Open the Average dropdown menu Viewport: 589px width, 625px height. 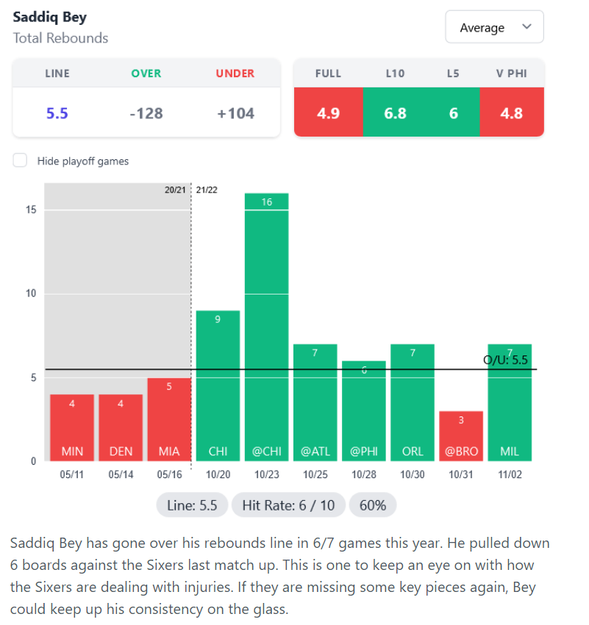click(494, 27)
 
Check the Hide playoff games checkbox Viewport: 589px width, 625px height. click(21, 161)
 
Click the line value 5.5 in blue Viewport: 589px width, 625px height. click(57, 113)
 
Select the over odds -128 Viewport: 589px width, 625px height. click(146, 113)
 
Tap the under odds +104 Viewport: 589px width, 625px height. click(235, 113)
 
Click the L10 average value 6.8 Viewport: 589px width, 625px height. click(395, 113)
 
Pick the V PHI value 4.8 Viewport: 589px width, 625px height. click(511, 113)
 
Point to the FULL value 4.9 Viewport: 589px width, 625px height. click(328, 113)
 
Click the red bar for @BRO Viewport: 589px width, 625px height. click(461, 436)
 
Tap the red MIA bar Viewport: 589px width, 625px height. click(169, 419)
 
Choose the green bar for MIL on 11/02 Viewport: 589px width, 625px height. click(510, 402)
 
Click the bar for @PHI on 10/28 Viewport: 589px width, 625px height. click(364, 411)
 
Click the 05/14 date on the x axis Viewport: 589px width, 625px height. click(121, 475)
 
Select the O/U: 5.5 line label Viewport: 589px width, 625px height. click(505, 360)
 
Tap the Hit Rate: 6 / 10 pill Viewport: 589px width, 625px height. click(288, 505)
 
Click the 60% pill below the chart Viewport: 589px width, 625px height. click(373, 505)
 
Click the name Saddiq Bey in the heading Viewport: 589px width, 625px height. click(49, 17)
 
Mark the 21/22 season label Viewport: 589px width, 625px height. click(207, 189)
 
